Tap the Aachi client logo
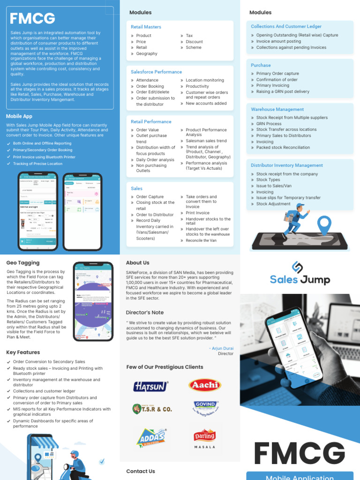(204, 385)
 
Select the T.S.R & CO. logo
(152, 409)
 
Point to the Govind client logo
(205, 406)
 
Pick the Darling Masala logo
(205, 438)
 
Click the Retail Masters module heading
(146, 27)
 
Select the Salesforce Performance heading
(156, 72)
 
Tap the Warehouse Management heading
(277, 109)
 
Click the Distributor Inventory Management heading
(286, 165)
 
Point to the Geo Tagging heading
(23, 263)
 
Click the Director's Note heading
(145, 313)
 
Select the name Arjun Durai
(223, 348)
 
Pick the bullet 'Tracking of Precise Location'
(37, 164)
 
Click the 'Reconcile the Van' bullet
(201, 240)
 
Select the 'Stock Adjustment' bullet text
(273, 204)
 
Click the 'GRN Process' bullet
(269, 124)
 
